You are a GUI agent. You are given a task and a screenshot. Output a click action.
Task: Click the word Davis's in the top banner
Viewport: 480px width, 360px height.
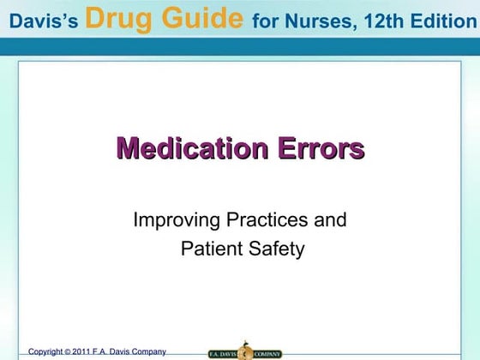click(x=40, y=20)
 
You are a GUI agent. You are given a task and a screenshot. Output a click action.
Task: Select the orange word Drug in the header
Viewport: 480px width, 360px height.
click(x=118, y=17)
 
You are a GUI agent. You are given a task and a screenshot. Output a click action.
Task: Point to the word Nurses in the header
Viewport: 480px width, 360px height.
click(x=314, y=20)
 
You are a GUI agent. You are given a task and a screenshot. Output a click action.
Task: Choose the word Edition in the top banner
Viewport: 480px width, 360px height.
click(x=436, y=20)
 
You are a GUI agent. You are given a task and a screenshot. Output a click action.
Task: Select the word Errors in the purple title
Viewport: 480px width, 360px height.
click(x=321, y=148)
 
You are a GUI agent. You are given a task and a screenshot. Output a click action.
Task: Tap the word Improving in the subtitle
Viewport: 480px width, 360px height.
click(x=175, y=221)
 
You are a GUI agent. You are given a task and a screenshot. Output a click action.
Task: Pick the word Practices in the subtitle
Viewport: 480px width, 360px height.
click(x=266, y=220)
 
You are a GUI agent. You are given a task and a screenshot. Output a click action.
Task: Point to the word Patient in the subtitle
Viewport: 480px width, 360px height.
click(x=209, y=249)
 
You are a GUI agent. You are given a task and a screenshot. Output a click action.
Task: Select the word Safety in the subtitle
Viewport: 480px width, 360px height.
click(x=275, y=249)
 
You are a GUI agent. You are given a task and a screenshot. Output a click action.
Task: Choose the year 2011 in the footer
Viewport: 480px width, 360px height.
click(x=84, y=351)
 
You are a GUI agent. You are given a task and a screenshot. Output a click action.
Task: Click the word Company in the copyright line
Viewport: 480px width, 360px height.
click(x=147, y=351)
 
